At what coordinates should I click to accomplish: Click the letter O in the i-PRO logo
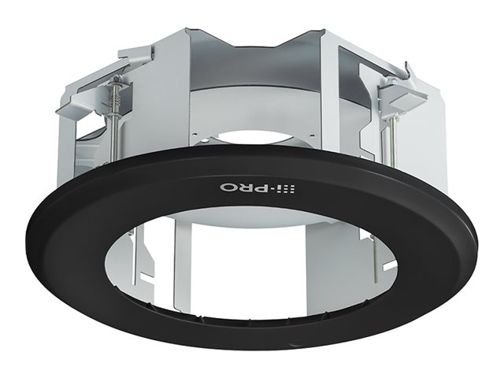pyautogui.click(x=226, y=187)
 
